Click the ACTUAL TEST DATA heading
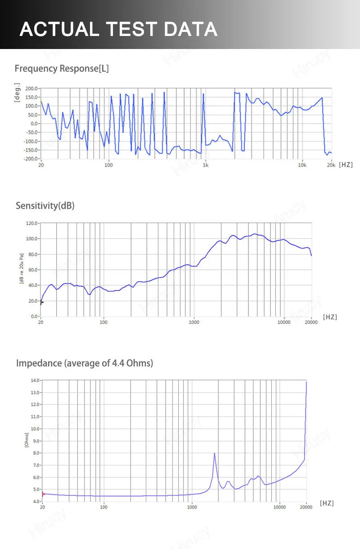click(x=118, y=29)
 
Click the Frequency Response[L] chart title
click(x=62, y=69)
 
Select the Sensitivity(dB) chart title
click(x=45, y=206)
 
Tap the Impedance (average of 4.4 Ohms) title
click(x=85, y=363)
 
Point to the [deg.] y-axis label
click(x=17, y=92)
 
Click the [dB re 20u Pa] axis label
click(x=21, y=269)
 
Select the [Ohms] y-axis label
click(x=27, y=440)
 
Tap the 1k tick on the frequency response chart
click(x=206, y=165)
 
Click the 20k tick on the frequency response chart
click(x=331, y=165)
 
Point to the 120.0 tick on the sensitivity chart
click(x=31, y=223)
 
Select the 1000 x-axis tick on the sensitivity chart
click(x=194, y=322)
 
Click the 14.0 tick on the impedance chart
click(x=35, y=380)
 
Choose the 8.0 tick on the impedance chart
click(x=36, y=453)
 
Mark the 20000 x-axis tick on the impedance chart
click(x=306, y=507)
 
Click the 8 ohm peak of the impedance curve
click(x=215, y=453)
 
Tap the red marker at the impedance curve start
click(x=43, y=494)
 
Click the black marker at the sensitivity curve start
click(x=41, y=303)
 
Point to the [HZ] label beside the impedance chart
click(x=327, y=503)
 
